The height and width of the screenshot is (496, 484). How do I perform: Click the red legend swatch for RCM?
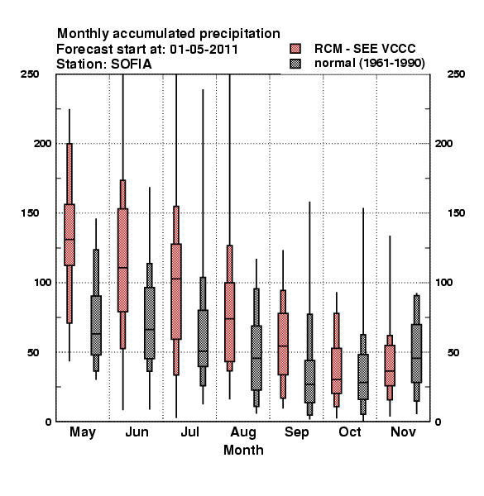(x=295, y=49)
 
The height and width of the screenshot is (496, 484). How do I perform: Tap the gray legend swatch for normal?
(x=295, y=64)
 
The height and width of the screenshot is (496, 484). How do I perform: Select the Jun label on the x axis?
(x=137, y=432)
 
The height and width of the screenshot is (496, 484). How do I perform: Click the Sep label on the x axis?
(x=296, y=432)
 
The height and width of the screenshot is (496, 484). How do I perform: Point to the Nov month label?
(x=403, y=432)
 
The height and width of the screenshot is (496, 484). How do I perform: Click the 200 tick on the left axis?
(x=42, y=144)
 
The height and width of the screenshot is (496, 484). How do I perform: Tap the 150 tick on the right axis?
(x=456, y=213)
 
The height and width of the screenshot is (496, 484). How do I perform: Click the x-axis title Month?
(x=243, y=451)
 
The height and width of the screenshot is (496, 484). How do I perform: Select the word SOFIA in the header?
(x=132, y=64)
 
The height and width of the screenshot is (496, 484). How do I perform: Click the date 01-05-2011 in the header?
(x=204, y=50)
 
